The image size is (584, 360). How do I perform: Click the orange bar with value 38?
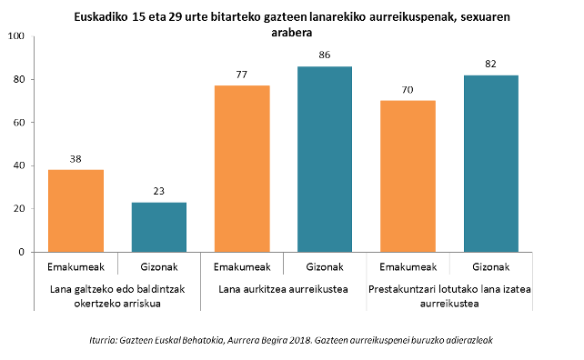point(76,211)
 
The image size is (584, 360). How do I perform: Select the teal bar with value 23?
point(158,227)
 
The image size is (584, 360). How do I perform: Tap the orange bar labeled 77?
point(242,168)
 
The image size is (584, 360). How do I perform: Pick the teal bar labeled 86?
point(326,159)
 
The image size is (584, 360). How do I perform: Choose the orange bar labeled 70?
point(408,176)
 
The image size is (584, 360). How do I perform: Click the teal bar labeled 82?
point(491,164)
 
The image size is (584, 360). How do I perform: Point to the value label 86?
point(326,56)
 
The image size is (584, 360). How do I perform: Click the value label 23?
point(158,192)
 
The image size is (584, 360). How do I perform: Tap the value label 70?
point(408,91)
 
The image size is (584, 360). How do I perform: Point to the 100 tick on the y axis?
point(16,36)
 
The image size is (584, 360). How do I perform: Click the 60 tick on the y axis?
point(19,123)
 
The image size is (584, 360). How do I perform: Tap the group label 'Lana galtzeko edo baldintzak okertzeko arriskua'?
point(117,295)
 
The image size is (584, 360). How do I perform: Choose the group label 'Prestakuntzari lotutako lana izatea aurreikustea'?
point(450,295)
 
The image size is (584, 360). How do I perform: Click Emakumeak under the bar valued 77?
point(242,267)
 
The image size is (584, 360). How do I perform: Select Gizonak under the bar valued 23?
point(158,267)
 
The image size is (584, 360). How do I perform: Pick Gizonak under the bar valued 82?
point(491,267)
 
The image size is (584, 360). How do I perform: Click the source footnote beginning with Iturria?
point(291,339)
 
